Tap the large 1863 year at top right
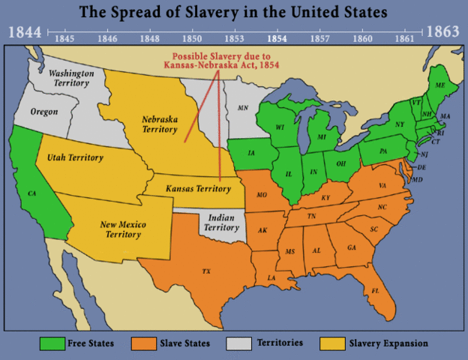pos(444,32)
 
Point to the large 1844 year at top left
pos(24,32)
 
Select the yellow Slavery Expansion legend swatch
pos(332,343)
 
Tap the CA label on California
pos(32,193)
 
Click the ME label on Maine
pos(440,87)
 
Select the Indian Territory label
pos(222,222)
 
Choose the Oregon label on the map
pos(43,112)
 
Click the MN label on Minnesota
pos(243,108)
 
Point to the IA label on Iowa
pos(250,152)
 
